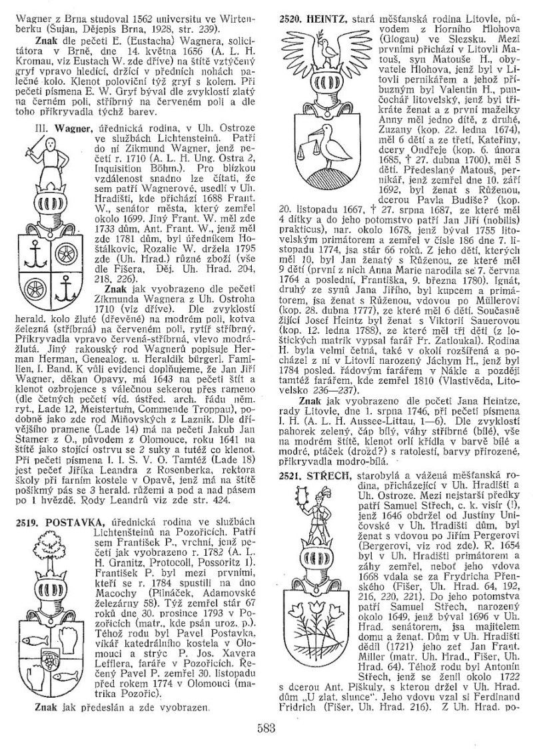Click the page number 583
pyautogui.click(x=266, y=728)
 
